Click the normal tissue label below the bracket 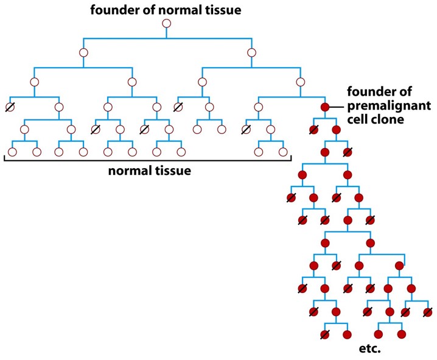[x=149, y=171]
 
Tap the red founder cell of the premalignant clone [x=325, y=107]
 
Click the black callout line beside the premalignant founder [x=337, y=107]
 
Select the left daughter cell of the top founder [x=83, y=52]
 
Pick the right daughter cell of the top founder [x=251, y=52]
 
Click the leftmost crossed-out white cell [x=10, y=107]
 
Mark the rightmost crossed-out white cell [x=246, y=130]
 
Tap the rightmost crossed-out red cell [x=429, y=312]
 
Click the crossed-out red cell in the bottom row [x=325, y=334]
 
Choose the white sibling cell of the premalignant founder [x=259, y=107]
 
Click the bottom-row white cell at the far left [x=12, y=151]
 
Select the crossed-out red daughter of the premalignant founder [x=313, y=130]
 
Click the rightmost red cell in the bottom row [x=401, y=334]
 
